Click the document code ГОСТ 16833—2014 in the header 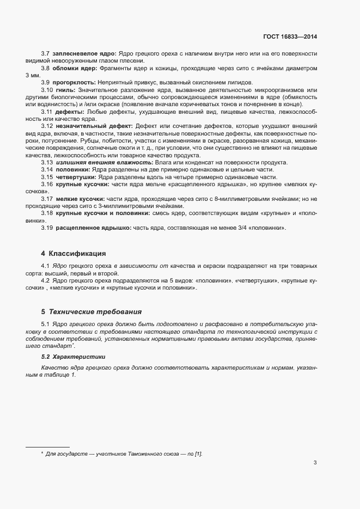click(289, 36)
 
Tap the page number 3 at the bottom click(315, 463)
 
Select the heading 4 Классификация click(73, 254)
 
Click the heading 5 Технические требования click(91, 312)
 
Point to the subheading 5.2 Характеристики click(73, 357)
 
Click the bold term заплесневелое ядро click(84, 54)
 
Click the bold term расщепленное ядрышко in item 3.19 click(93, 227)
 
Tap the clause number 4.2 click(46, 280)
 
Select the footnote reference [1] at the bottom click(198, 453)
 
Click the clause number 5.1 click(46, 324)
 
